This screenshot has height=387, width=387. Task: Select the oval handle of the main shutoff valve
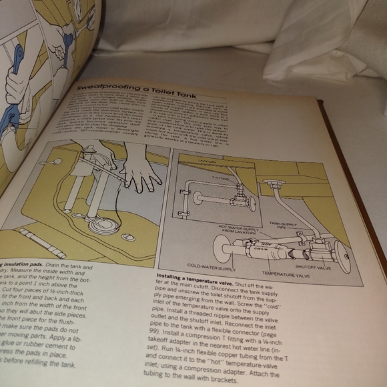342,257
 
